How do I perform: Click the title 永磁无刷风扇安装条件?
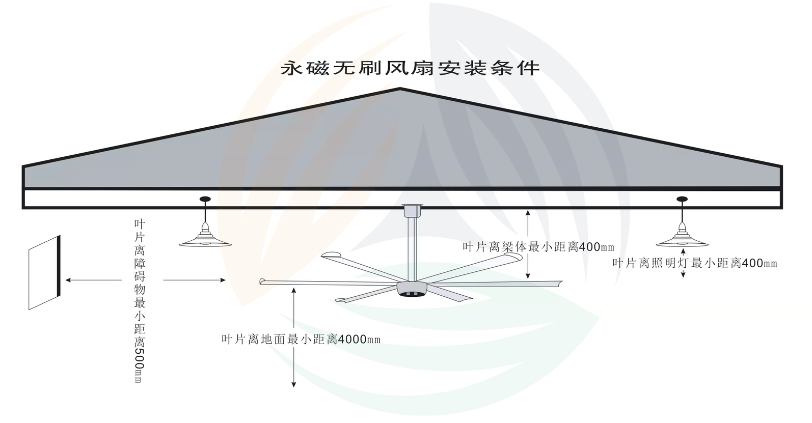point(410,68)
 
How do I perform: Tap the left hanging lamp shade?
point(205,241)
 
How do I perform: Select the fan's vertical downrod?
point(412,247)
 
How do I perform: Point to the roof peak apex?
point(400,90)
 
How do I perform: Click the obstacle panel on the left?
point(45,272)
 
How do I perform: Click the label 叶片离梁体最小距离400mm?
point(538,247)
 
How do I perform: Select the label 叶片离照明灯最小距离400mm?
point(694,263)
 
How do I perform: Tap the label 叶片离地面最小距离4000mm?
point(301,339)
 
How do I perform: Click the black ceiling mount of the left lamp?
point(205,199)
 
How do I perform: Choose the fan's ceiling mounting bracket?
point(412,210)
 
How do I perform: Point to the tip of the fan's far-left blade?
point(263,281)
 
